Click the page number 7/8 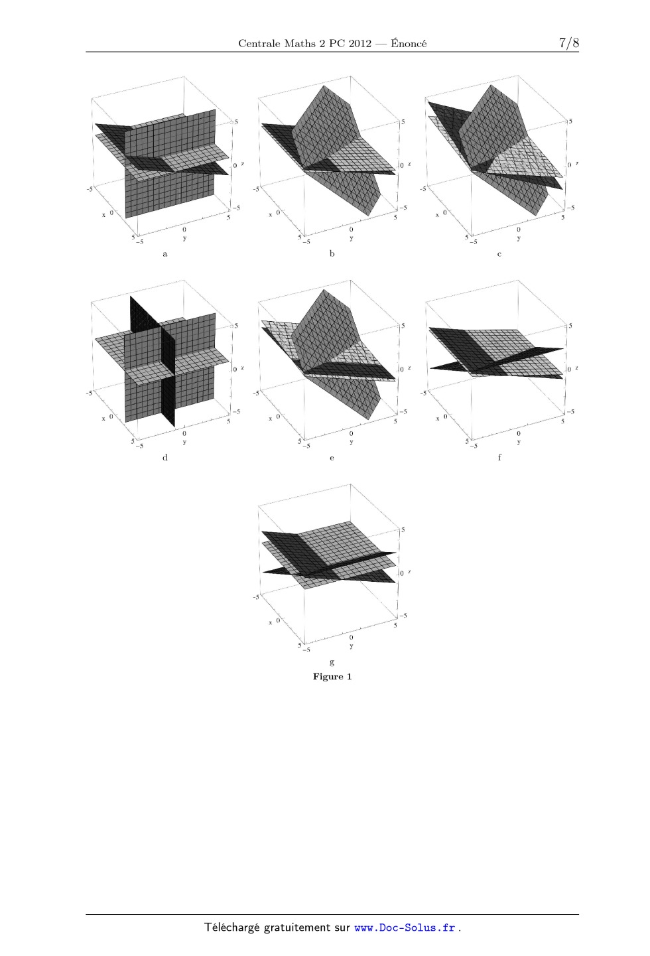point(569,42)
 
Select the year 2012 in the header point(359,43)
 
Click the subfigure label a point(164,254)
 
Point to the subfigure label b point(332,253)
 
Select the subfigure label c point(499,254)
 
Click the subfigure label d point(164,458)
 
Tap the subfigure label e point(332,458)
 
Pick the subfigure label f point(499,458)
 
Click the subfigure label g point(332,663)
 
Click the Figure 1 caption point(332,677)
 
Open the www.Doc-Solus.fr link point(405,928)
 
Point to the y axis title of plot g point(352,646)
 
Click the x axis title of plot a point(103,215)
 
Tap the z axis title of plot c point(577,163)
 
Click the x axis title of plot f point(438,419)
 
